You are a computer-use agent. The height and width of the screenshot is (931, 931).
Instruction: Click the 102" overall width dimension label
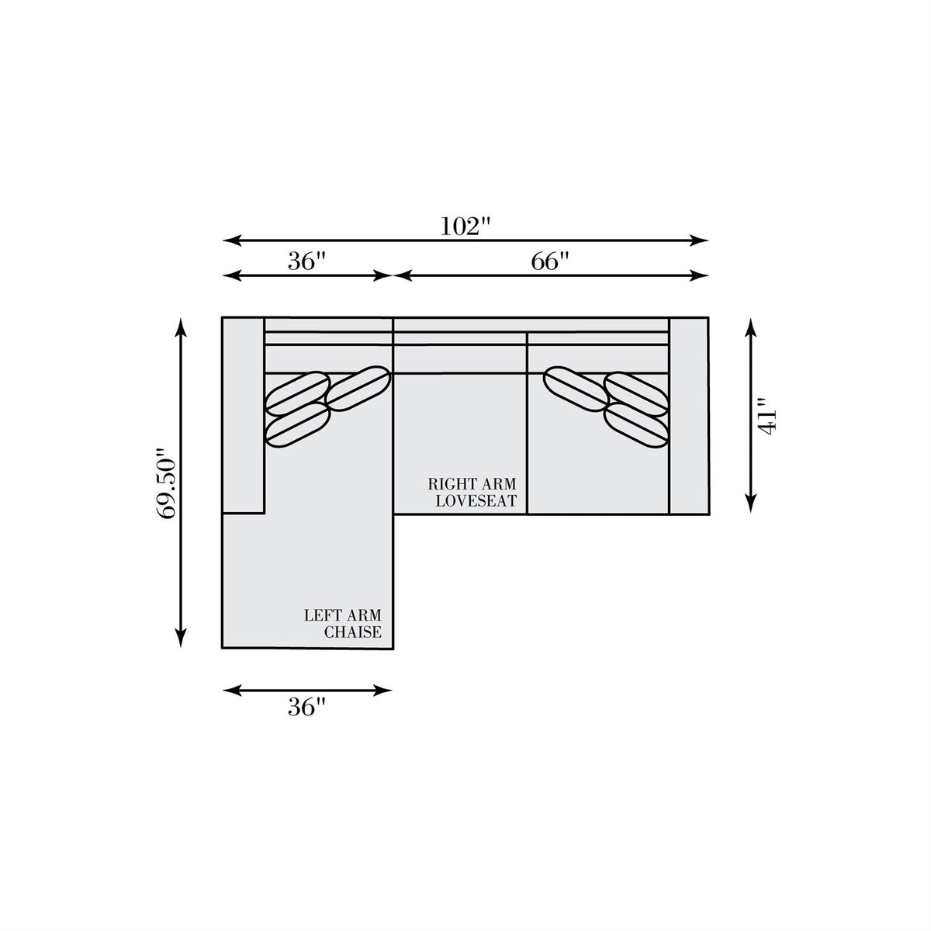465,226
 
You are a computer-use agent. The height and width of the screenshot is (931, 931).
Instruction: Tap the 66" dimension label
550,262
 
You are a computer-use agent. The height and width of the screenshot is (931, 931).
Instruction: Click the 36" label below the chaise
307,708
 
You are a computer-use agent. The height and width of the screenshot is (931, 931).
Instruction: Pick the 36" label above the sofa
307,262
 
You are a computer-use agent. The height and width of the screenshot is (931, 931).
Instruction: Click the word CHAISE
353,632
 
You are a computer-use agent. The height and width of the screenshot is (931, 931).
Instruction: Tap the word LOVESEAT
476,501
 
